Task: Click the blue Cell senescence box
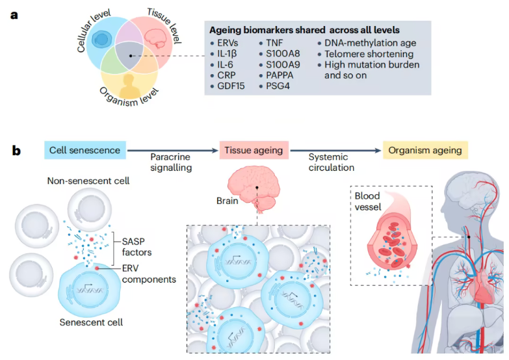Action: click(85, 151)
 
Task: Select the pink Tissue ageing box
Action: click(253, 151)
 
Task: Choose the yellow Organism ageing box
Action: click(425, 151)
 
